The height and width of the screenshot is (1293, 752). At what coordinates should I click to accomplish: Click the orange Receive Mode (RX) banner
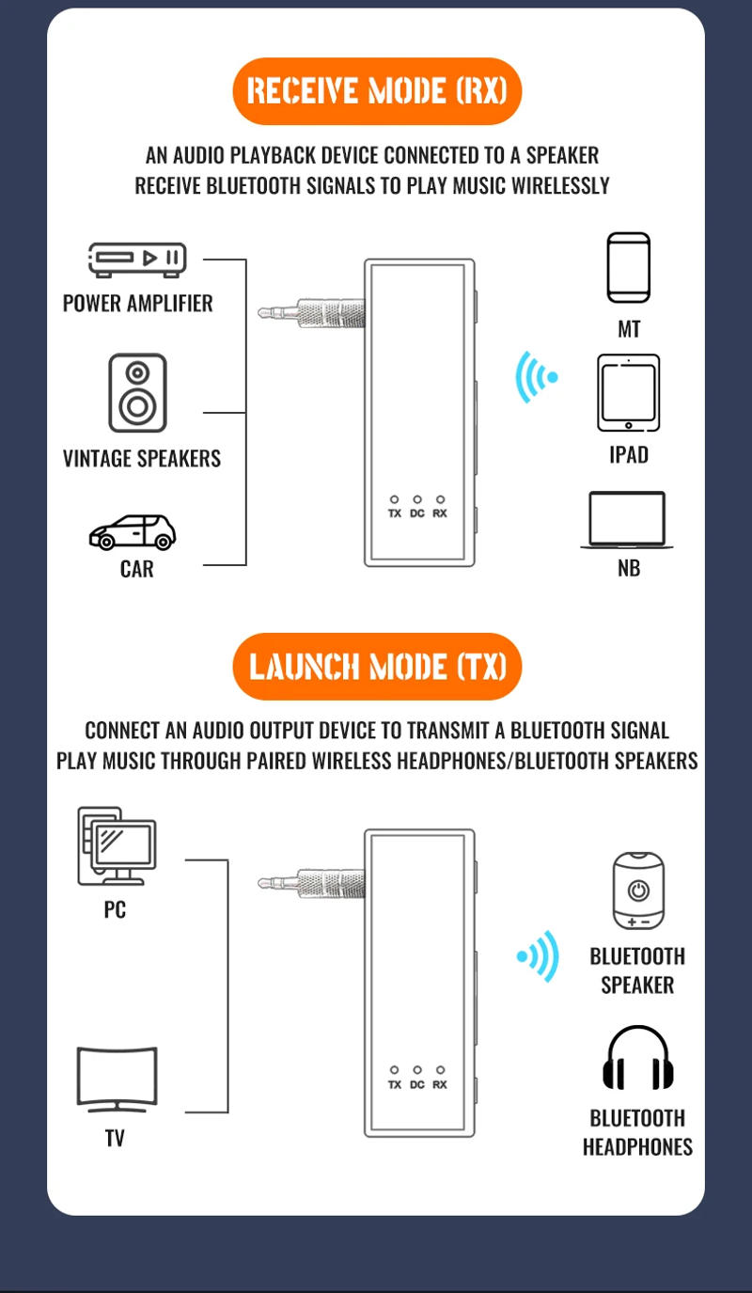click(376, 91)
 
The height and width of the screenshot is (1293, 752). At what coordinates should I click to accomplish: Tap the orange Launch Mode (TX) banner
click(376, 667)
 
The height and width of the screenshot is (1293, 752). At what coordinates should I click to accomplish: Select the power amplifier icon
click(137, 259)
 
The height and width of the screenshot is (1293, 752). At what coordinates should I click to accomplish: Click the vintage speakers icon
click(137, 393)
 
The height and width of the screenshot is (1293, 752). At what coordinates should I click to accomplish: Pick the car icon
click(133, 532)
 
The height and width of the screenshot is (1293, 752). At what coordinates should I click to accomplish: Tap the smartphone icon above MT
click(629, 267)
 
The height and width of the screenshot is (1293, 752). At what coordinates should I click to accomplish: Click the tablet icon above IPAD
click(628, 392)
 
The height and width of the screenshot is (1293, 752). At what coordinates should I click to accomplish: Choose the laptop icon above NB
click(627, 520)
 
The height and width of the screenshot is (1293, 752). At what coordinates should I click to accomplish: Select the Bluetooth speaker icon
click(637, 890)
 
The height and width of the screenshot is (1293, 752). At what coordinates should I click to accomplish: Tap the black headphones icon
click(638, 1059)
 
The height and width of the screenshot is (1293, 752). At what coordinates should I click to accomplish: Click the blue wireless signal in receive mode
click(536, 377)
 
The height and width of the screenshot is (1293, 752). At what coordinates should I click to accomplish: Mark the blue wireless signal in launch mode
click(539, 956)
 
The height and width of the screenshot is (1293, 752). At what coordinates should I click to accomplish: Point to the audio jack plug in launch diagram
click(310, 883)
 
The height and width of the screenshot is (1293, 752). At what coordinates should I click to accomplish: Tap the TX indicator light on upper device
click(394, 499)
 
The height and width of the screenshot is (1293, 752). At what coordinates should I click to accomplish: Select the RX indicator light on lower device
click(440, 1070)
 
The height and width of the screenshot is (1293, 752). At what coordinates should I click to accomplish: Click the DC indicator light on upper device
click(417, 499)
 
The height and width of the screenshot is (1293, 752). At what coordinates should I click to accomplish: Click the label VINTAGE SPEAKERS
click(142, 459)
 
